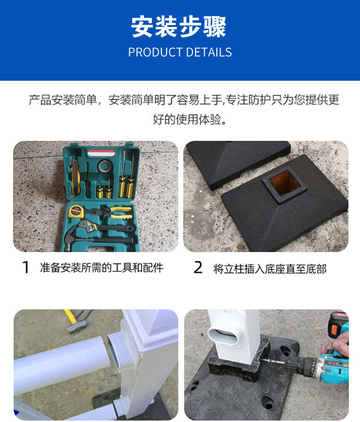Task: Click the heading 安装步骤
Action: coord(179,26)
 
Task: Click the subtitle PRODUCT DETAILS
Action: coord(180,52)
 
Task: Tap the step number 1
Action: coord(26,267)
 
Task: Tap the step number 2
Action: coord(198,267)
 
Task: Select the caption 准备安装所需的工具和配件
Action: coord(102,268)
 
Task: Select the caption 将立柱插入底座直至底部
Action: coord(270,269)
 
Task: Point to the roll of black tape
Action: coord(105,166)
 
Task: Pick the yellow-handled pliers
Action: coord(113,213)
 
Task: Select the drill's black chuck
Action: coord(298,365)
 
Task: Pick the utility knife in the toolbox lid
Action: coord(75,177)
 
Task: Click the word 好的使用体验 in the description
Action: coord(187,119)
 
